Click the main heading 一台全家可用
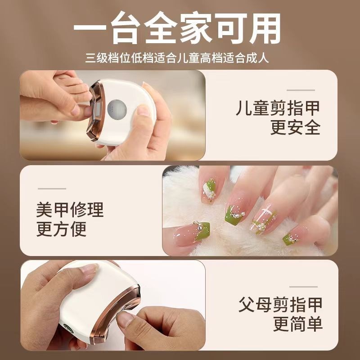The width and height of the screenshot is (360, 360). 180,28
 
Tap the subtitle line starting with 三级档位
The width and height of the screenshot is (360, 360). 180,58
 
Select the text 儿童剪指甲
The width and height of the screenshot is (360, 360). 278,108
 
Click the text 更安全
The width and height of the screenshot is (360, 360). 295,128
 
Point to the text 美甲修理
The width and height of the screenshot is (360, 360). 70,210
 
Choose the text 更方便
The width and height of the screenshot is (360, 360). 61,229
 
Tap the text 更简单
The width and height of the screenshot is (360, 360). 297,324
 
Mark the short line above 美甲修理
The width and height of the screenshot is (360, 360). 52,189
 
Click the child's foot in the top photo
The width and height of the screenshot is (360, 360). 67,83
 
